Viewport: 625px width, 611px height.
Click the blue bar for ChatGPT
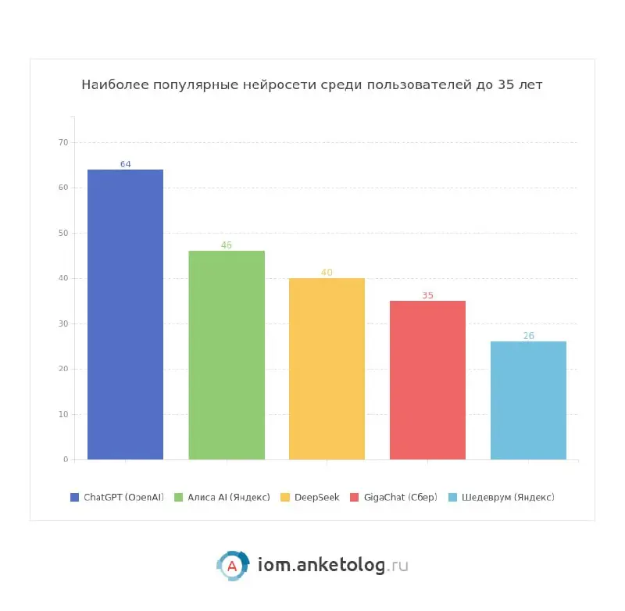click(x=125, y=314)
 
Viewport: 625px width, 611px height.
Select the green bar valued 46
click(x=227, y=355)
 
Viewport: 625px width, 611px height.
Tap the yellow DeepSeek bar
click(x=327, y=368)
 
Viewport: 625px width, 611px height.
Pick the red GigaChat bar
click(x=427, y=380)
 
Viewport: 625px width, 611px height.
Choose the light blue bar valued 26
click(x=528, y=400)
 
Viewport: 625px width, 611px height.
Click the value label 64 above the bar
click(x=125, y=164)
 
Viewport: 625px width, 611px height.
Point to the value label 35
click(x=427, y=295)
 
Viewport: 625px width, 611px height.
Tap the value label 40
click(x=327, y=273)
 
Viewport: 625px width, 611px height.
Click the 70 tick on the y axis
click(x=63, y=142)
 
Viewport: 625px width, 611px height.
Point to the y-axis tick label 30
click(x=63, y=323)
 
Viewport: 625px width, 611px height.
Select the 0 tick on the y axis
click(x=66, y=459)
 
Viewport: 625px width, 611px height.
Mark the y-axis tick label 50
click(x=63, y=233)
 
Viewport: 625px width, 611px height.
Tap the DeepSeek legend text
click(x=316, y=497)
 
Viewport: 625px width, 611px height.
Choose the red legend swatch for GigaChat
click(x=355, y=497)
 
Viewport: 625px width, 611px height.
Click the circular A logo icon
click(x=232, y=566)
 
